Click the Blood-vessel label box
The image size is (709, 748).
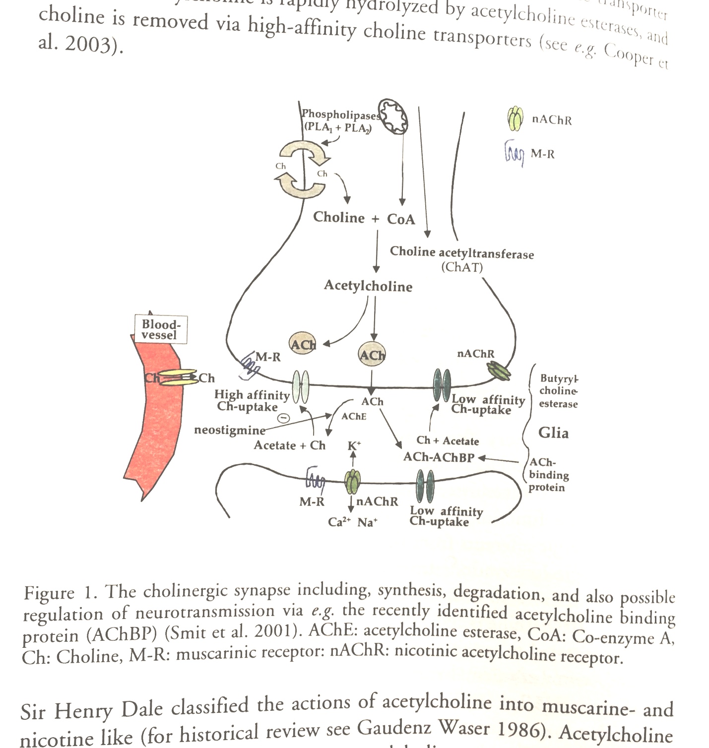click(x=161, y=329)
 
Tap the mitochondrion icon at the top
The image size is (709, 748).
click(x=393, y=116)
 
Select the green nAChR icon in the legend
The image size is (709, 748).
click(x=516, y=119)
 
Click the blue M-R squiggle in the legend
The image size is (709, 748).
click(x=514, y=153)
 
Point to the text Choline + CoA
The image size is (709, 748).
click(x=364, y=218)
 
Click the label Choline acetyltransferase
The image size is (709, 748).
click(x=461, y=252)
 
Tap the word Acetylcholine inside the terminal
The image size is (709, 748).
click(x=368, y=286)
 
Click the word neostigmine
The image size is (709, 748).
click(x=229, y=430)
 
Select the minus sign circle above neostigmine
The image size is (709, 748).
click(x=283, y=418)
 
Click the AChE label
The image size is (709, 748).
click(x=353, y=416)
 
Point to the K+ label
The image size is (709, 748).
click(x=354, y=445)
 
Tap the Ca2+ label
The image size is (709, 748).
click(x=339, y=522)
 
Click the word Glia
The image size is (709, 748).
click(x=553, y=433)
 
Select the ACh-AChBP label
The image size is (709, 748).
click(x=439, y=457)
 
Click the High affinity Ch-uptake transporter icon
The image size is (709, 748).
click(x=301, y=387)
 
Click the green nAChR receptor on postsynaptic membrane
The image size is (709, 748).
click(x=352, y=481)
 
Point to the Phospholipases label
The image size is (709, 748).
click(x=341, y=115)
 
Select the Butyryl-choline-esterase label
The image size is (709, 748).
click(x=559, y=391)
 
